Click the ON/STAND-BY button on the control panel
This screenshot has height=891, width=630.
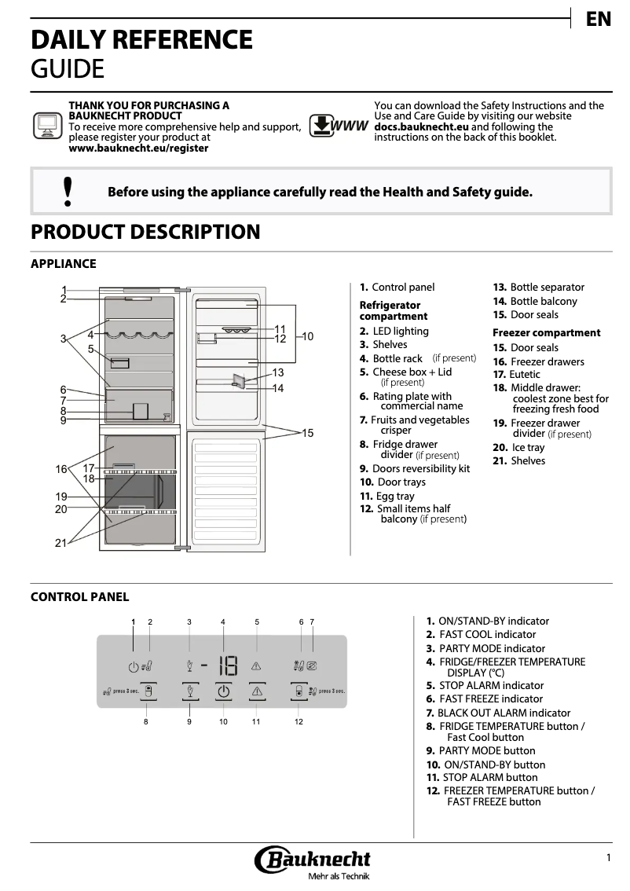click(x=224, y=692)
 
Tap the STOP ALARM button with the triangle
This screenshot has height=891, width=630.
click(x=257, y=692)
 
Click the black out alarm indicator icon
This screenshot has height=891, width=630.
click(x=312, y=666)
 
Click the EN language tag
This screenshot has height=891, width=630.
click(x=599, y=20)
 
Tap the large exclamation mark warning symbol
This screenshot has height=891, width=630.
click(x=68, y=191)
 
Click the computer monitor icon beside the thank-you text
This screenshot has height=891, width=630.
click(x=47, y=126)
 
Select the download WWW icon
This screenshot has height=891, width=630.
click(x=339, y=126)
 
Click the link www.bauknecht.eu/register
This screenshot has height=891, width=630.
click(x=139, y=148)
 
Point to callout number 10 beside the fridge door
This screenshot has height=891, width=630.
click(x=308, y=336)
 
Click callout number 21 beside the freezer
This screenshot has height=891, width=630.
click(x=60, y=543)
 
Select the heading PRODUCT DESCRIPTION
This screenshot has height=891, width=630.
click(x=145, y=232)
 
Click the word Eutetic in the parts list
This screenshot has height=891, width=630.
click(x=525, y=375)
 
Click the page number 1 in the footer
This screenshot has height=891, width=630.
click(x=608, y=858)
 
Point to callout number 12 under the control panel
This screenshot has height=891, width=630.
click(x=299, y=721)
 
